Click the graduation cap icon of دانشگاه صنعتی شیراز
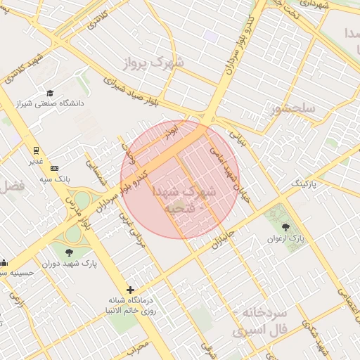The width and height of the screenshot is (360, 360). [x=50, y=93]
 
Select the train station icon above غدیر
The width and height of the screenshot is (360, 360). [x=35, y=150]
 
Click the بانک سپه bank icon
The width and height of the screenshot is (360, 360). [x=54, y=167]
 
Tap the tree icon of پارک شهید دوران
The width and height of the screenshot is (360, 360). [x=68, y=252]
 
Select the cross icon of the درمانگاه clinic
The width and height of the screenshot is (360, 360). [x=130, y=289]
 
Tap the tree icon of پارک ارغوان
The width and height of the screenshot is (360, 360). [x=285, y=226]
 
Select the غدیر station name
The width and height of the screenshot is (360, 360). [x=35, y=162]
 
